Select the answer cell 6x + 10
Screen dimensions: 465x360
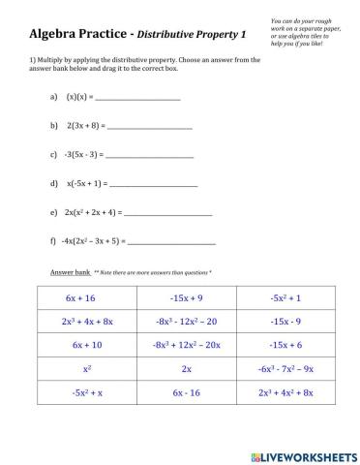(x=88, y=345)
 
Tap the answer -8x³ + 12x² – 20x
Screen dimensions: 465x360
(x=186, y=345)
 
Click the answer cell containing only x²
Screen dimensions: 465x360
(x=88, y=369)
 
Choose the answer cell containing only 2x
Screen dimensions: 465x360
(x=186, y=369)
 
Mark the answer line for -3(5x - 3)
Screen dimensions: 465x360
(x=151, y=155)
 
